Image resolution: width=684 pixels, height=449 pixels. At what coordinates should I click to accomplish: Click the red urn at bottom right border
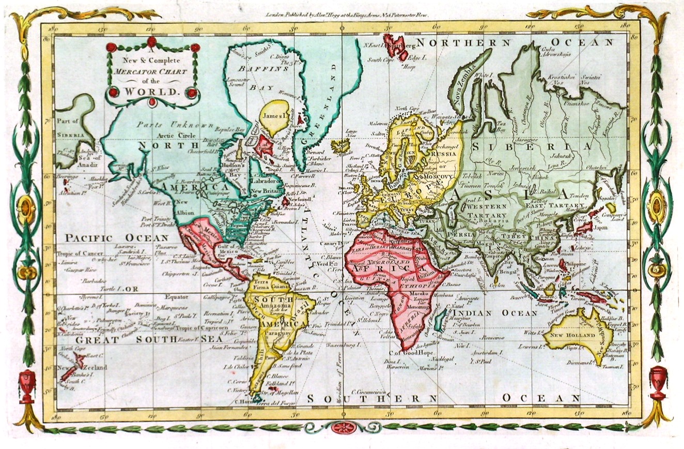pyautogui.click(x=657, y=381)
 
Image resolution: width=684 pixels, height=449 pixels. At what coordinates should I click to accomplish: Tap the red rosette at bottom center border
pyautogui.click(x=342, y=427)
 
